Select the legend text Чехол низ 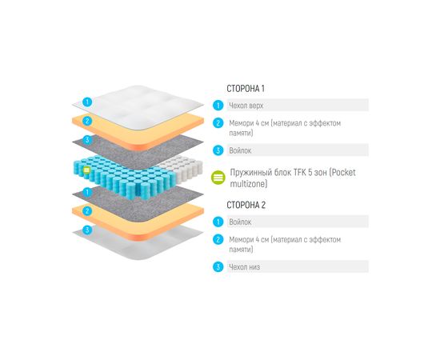click(x=244, y=266)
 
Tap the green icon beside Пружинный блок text click(x=218, y=178)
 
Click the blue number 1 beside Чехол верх click(x=218, y=105)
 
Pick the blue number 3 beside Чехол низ click(x=218, y=266)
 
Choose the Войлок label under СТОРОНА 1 click(x=241, y=150)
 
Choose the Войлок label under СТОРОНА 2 click(x=241, y=222)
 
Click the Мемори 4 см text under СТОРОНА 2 click(x=248, y=239)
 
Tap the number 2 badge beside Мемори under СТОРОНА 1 click(x=218, y=123)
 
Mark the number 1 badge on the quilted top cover click(x=87, y=102)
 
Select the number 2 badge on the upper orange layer click(x=87, y=122)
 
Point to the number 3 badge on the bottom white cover click(x=87, y=230)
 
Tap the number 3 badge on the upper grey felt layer click(x=87, y=140)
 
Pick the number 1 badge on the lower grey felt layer click(x=87, y=193)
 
